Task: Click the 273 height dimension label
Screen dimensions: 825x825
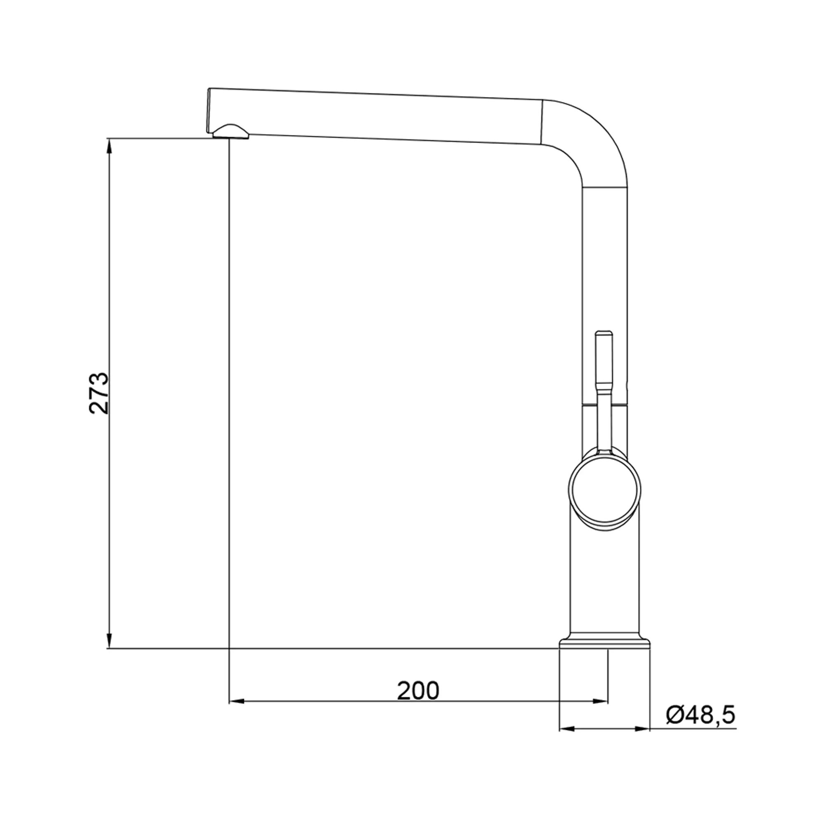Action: click(x=99, y=393)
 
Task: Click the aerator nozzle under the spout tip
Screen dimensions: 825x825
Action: click(x=230, y=132)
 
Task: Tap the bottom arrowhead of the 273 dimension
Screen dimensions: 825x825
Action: click(x=110, y=653)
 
